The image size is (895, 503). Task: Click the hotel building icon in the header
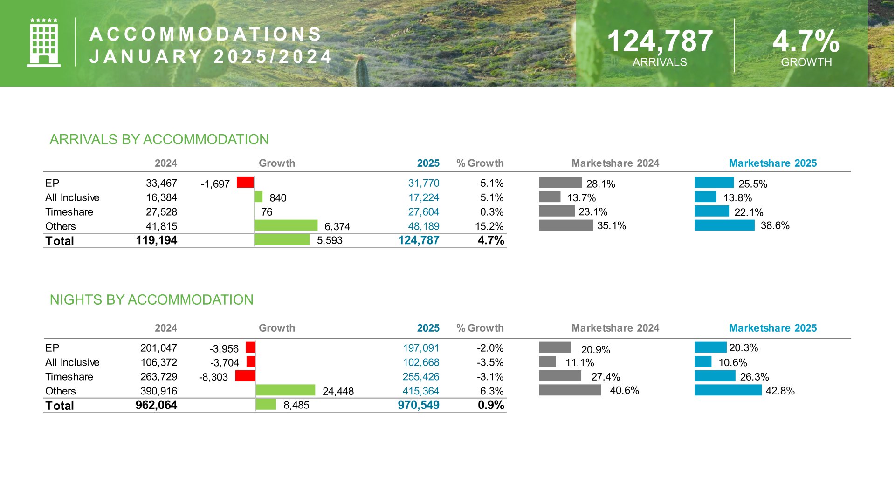[43, 43]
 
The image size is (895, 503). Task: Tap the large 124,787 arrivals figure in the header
[660, 41]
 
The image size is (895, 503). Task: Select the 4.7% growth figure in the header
[806, 41]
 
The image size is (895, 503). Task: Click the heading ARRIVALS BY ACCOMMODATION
[159, 139]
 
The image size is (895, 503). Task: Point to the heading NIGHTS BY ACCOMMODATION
[151, 299]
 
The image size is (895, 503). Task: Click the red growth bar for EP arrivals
[245, 182]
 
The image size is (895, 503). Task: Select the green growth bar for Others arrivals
[286, 225]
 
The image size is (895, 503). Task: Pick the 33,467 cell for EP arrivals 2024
[161, 183]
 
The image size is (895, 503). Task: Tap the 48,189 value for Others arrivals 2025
[423, 226]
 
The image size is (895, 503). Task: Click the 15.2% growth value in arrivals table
[489, 226]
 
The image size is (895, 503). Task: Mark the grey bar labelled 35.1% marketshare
[566, 225]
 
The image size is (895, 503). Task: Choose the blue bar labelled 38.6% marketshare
[724, 225]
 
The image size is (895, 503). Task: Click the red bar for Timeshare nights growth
[245, 376]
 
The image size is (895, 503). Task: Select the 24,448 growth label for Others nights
[338, 391]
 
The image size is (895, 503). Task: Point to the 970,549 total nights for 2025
[418, 405]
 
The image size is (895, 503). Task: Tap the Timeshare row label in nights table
[69, 377]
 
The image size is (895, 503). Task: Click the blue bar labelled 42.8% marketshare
[728, 390]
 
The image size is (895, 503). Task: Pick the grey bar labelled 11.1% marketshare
[547, 361]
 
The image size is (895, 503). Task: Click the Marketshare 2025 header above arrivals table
[772, 163]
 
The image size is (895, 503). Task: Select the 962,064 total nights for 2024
[156, 405]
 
